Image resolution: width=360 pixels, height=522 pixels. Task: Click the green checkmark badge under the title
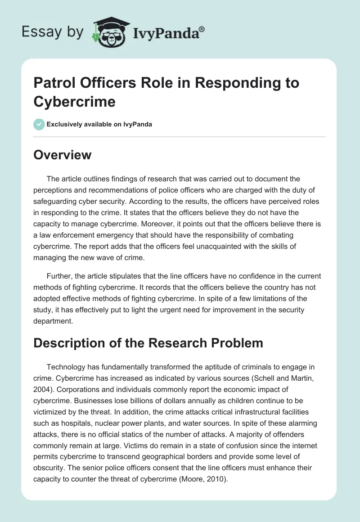tap(39, 124)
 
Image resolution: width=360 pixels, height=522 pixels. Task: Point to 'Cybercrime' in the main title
tap(75, 101)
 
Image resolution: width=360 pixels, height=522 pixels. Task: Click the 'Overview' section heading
tap(63, 155)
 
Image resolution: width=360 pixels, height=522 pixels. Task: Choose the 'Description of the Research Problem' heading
tap(148, 342)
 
